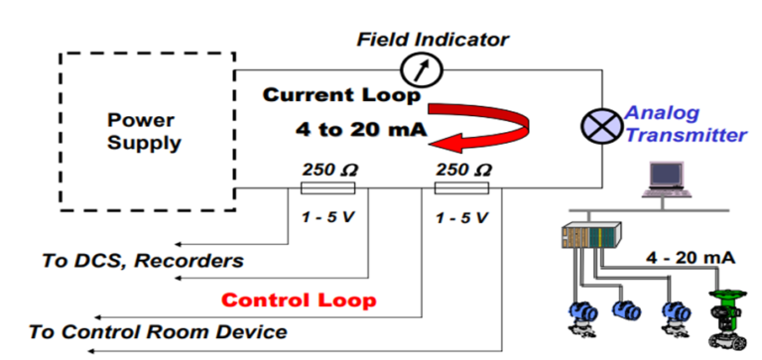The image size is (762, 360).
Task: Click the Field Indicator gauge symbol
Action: tap(419, 69)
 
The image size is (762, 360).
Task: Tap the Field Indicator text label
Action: tap(432, 40)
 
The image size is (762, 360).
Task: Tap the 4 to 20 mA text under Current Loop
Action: tap(345, 129)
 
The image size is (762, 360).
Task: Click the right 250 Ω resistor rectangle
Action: tap(462, 187)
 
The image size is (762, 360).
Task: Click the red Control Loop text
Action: tap(299, 299)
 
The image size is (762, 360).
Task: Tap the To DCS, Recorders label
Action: tap(142, 261)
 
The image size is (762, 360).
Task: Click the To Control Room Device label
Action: tap(159, 331)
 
